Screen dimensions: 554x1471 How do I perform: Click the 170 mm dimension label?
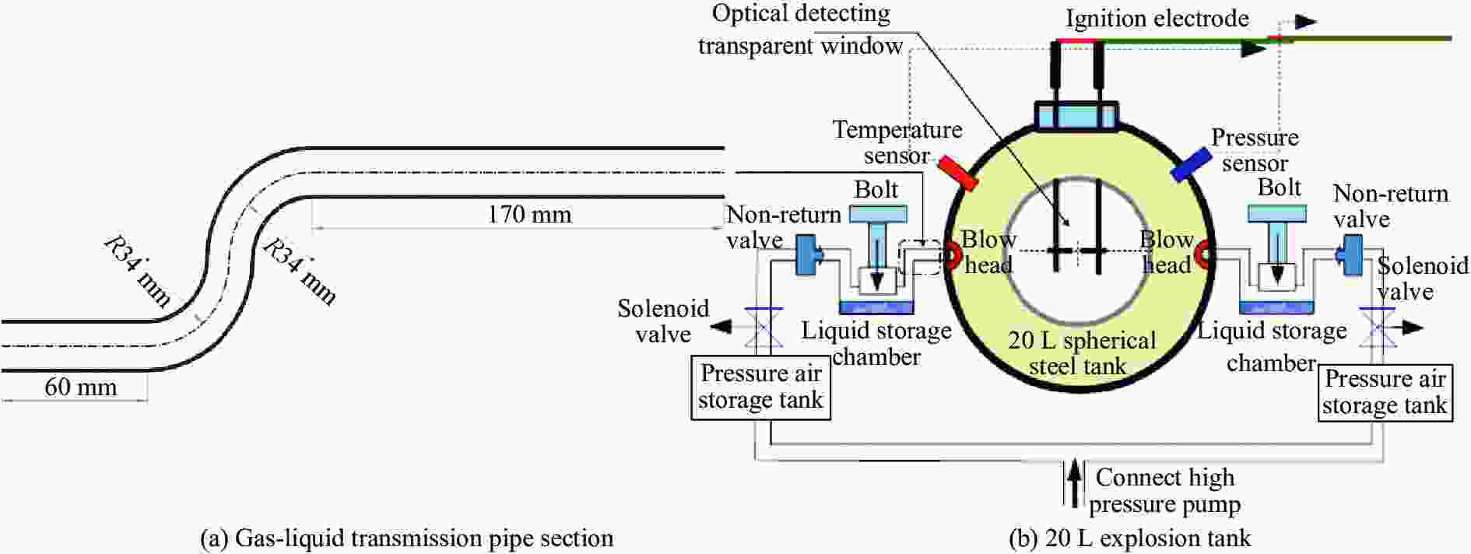tap(529, 214)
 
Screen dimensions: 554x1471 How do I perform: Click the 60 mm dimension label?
tap(80, 387)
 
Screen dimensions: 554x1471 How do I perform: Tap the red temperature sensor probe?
tap(957, 174)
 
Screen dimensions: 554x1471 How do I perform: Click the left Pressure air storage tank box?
tap(760, 387)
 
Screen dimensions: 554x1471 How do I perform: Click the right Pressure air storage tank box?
tap(1385, 393)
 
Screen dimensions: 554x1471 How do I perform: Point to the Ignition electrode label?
tap(1157, 18)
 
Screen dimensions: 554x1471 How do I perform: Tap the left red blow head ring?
tap(952, 254)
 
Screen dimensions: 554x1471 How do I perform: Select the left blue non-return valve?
tap(807, 254)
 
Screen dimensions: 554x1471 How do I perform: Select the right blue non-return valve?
tap(1351, 254)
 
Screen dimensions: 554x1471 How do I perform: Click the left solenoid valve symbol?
tap(764, 328)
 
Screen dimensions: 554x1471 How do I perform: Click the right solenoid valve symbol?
tap(1378, 328)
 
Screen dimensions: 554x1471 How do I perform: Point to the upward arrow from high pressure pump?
tap(1074, 482)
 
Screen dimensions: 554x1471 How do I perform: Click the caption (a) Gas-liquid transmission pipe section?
tap(406, 538)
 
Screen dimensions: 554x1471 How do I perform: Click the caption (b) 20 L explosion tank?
tap(1129, 538)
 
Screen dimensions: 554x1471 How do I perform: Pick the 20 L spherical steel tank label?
tap(1081, 353)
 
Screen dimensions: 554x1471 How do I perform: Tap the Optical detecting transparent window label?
tap(801, 30)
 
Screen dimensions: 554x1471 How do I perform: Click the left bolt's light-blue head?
tap(877, 213)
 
